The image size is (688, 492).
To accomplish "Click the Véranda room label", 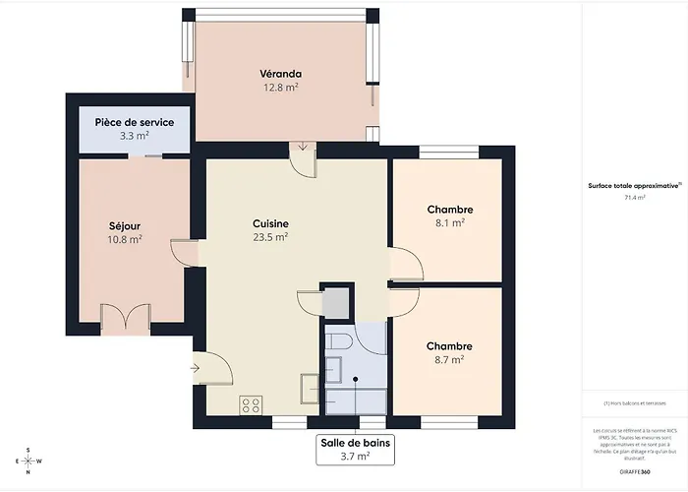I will pos(280,74).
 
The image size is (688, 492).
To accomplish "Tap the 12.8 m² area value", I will pos(280,88).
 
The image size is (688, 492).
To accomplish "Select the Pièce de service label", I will pos(135,122).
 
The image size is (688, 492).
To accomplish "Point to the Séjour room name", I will pos(125,224).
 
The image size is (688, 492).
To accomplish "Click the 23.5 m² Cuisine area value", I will pos(270,237).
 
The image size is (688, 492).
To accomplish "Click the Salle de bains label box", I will pos(355,450).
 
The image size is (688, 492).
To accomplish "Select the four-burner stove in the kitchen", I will pos(251,403).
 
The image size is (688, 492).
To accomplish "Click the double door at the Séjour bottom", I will pos(125,317).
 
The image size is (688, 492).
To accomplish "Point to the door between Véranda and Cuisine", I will pos(303,157).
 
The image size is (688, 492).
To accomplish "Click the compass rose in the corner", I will pos(29,460).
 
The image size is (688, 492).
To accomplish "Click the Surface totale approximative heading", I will pos(633,185).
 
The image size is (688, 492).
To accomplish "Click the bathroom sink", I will pos(334,370).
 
